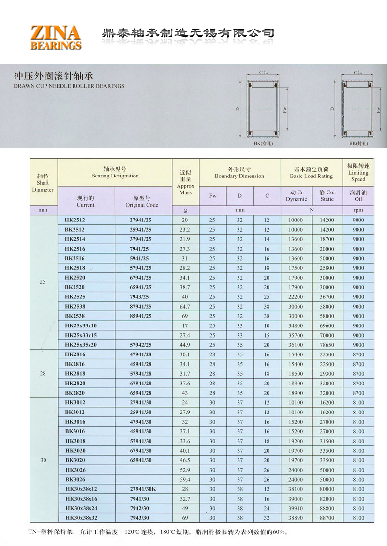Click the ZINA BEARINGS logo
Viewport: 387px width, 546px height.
coord(56,38)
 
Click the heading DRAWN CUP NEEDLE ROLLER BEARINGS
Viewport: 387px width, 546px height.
coord(69,86)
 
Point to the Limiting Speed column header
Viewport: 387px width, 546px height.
coord(358,173)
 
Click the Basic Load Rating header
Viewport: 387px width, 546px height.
coord(312,173)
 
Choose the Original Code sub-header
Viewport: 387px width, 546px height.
coord(142,201)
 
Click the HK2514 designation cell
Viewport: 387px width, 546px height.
coord(74,239)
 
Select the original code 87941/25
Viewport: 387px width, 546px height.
coord(141,307)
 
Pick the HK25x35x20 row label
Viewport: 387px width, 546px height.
coord(81,345)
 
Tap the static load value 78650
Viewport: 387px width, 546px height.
coord(327,345)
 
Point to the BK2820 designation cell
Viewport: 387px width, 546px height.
coord(74,393)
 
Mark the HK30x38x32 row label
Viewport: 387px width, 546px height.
coord(81,518)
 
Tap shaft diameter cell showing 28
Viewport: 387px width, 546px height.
coord(43,374)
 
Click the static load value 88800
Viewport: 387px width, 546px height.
coord(327,508)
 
